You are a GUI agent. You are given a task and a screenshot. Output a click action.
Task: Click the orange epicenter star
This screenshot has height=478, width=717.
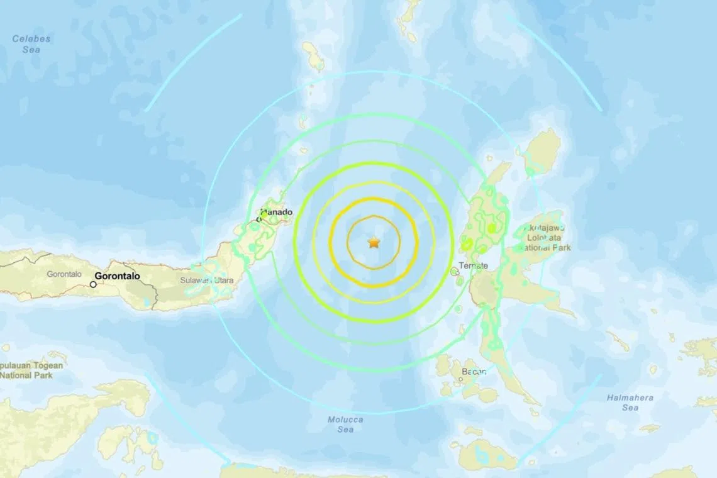pos(374,242)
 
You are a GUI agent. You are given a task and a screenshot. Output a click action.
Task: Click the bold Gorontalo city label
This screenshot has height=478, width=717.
pos(118,276)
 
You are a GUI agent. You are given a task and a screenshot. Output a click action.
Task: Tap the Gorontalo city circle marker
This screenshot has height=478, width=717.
pos(93,284)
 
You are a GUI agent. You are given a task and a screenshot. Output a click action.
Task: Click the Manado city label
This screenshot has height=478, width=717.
pos(277,213)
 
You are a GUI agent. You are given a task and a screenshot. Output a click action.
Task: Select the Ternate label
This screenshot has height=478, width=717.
pos(474,265)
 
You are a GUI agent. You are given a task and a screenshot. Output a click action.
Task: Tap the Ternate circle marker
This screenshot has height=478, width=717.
pos(455,271)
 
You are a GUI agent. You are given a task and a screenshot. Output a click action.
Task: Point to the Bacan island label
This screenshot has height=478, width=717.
pos(474,372)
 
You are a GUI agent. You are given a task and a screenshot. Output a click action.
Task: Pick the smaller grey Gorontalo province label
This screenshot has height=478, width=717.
pos(65,274)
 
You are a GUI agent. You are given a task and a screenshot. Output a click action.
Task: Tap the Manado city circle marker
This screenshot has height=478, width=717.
pos(258,220)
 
